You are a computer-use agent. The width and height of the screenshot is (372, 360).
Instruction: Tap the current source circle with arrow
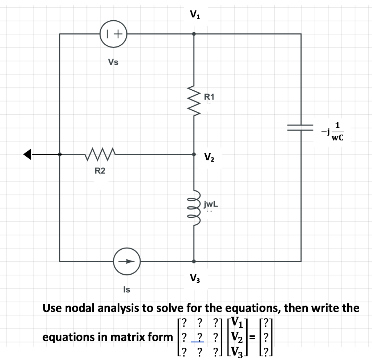click(x=126, y=261)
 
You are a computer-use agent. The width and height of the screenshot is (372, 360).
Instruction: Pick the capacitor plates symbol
click(x=300, y=127)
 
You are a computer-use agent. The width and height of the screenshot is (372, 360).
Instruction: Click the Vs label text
click(x=113, y=62)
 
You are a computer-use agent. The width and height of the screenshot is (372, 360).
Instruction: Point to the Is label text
click(x=126, y=289)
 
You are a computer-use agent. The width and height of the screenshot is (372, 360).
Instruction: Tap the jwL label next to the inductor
click(x=211, y=204)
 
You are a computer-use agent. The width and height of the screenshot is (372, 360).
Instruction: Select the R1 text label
click(x=210, y=97)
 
